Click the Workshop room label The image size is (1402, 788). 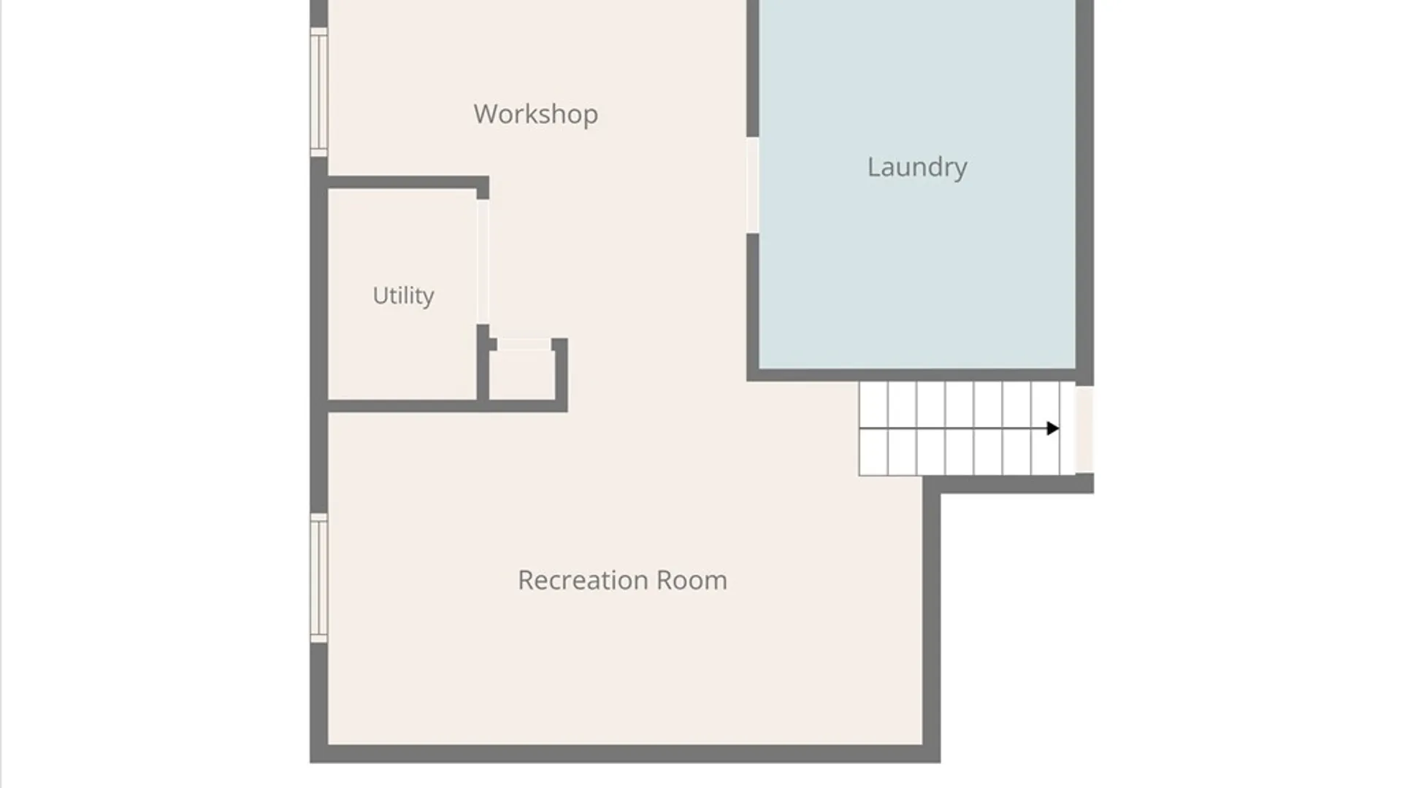535,114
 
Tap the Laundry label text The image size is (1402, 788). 917,167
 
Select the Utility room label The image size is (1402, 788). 403,295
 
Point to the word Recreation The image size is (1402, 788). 583,580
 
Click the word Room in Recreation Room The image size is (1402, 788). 692,580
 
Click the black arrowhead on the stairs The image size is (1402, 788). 1052,428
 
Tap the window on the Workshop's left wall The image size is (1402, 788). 319,92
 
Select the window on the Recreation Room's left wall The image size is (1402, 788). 319,578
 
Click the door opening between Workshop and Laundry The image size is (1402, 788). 752,185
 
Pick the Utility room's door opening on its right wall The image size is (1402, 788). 483,262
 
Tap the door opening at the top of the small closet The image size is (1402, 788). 524,344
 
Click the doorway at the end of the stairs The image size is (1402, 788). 1084,430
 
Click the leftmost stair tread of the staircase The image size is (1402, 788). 873,429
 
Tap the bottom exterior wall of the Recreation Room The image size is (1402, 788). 625,754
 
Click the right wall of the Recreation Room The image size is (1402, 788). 932,619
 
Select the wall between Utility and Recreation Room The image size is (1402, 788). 448,406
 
